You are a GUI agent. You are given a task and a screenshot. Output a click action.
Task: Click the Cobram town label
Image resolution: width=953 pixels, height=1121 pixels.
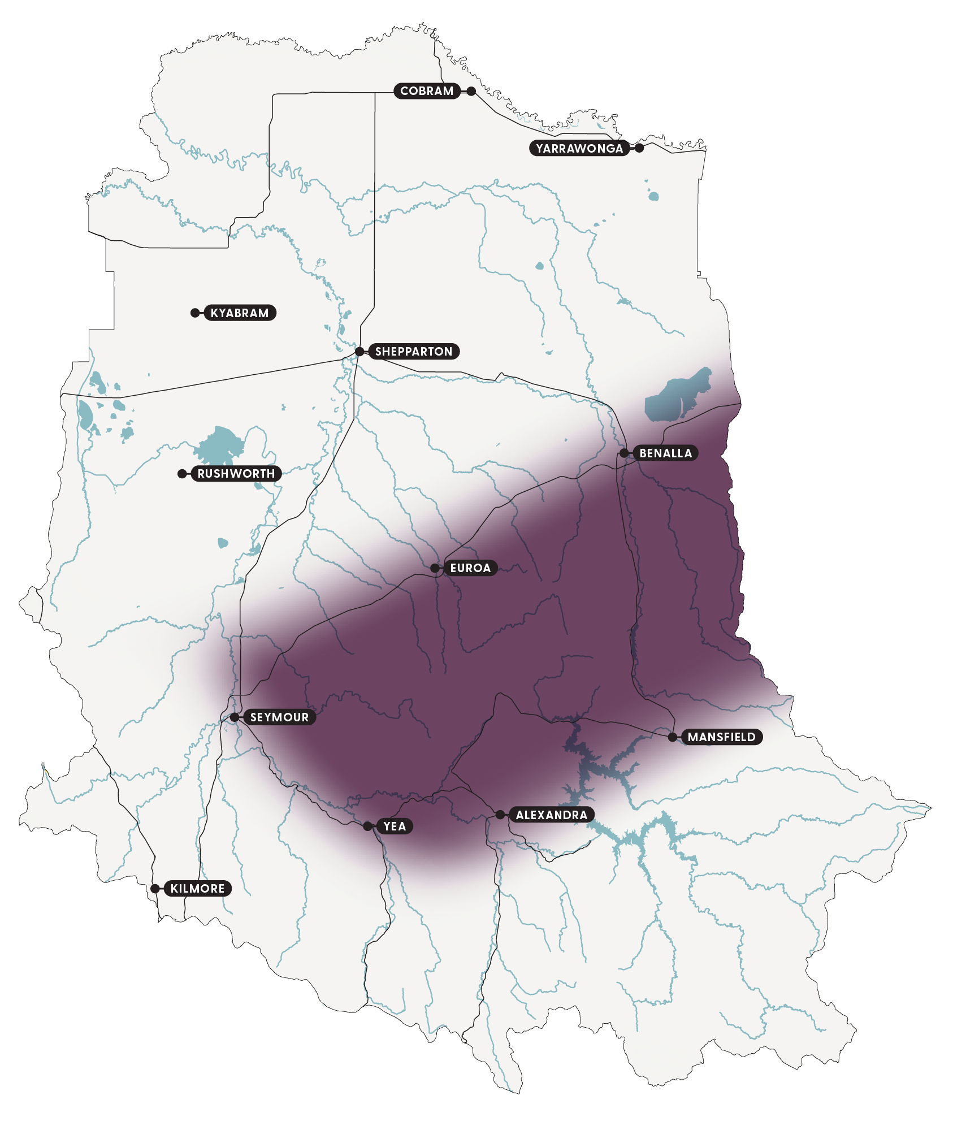427,91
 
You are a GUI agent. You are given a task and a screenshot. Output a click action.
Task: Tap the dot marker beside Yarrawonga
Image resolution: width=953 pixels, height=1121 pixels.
639,148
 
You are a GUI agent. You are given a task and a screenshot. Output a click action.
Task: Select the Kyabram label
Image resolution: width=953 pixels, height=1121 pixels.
240,313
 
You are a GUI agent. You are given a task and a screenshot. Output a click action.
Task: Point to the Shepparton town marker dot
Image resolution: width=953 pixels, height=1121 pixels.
359,352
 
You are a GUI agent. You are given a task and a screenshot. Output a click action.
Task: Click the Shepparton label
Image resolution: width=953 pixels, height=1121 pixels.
414,352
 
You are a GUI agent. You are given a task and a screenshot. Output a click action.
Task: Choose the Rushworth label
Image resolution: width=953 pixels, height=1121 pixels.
236,474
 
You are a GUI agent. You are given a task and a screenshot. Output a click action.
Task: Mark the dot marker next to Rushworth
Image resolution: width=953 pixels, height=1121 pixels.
182,474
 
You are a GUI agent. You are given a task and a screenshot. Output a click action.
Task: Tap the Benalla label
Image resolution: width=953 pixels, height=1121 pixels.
665,453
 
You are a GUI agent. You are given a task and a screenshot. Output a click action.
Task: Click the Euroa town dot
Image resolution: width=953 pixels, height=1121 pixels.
435,568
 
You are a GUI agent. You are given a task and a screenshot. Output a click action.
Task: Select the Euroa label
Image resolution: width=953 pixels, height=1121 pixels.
470,568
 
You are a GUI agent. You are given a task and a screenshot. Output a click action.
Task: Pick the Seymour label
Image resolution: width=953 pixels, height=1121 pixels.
279,717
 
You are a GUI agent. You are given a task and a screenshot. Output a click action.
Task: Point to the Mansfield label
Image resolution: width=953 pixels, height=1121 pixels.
721,737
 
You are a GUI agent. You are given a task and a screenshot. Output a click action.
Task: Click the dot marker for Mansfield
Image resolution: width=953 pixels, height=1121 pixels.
672,737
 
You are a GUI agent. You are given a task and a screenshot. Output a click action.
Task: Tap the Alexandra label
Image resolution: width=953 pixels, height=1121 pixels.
551,815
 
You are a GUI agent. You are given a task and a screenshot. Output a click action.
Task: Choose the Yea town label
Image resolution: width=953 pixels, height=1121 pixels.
395,826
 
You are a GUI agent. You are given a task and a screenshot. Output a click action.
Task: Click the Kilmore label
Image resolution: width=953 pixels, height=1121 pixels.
197,889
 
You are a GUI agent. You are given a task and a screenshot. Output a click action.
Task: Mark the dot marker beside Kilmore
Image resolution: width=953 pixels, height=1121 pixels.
155,889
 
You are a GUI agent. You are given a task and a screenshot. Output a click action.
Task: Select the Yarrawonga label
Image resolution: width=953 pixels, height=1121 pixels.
579,149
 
